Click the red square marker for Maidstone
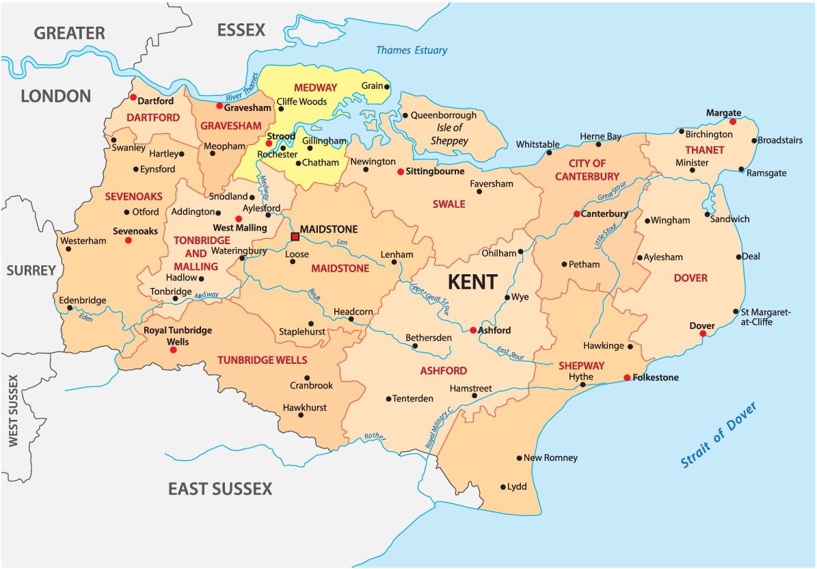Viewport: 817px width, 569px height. pos(295,237)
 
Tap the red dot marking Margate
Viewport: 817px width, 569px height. pos(733,122)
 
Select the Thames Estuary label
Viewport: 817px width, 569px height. pos(412,50)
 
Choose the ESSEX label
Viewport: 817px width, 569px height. pos(241,30)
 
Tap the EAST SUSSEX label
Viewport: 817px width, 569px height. pos(220,488)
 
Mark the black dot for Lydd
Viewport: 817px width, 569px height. pos(503,487)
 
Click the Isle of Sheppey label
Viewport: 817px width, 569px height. pos(449,134)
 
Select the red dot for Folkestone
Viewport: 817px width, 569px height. pos(627,378)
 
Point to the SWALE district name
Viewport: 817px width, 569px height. pos(448,204)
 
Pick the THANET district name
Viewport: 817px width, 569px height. pos(704,150)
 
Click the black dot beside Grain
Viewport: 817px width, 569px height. pos(387,87)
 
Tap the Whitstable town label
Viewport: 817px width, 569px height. pos(537,144)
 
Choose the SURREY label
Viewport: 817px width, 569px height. pos(31,270)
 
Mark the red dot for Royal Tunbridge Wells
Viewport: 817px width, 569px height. pos(173,349)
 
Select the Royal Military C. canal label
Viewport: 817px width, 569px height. pos(440,427)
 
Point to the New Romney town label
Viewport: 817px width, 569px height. pos(550,458)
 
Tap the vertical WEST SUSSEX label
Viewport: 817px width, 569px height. pos(13,411)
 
